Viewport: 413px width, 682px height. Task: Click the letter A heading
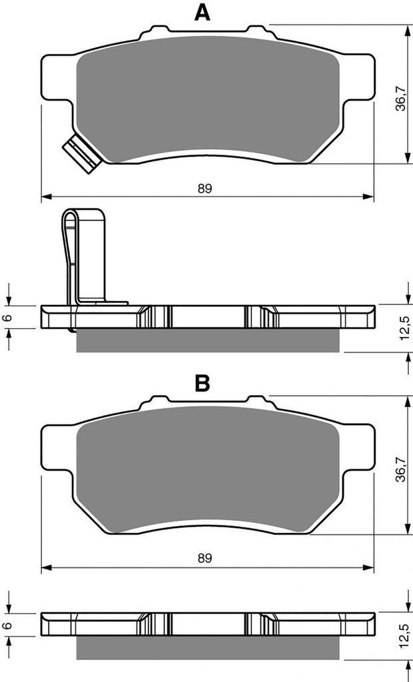[203, 13]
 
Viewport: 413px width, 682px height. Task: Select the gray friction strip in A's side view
[208, 339]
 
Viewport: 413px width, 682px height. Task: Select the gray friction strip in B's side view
[208, 646]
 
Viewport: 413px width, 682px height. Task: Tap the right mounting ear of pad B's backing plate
[356, 446]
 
